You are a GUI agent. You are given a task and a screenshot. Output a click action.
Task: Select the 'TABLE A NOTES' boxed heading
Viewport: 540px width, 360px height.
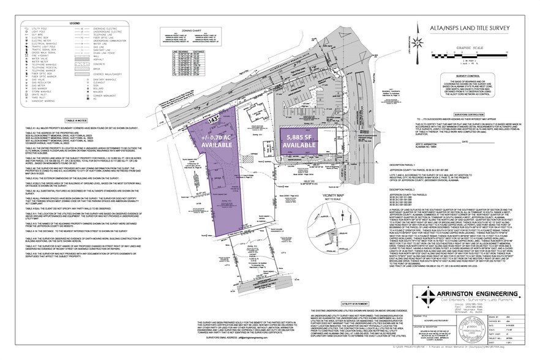tap(77, 122)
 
